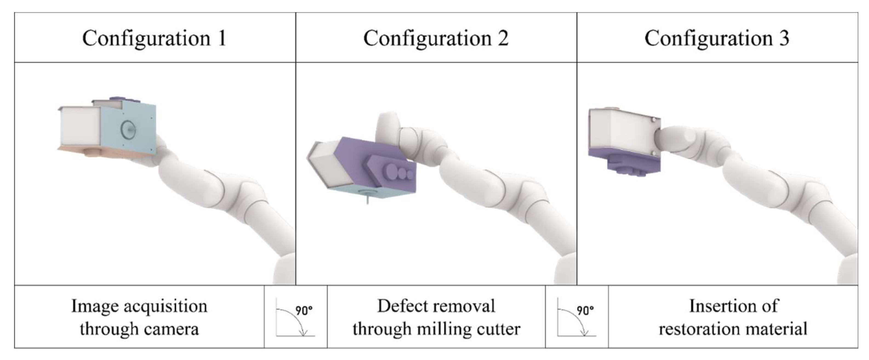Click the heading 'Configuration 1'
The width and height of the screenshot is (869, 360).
click(x=154, y=38)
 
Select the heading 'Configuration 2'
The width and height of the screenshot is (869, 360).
click(x=435, y=38)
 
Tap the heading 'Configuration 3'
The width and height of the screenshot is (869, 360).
click(x=717, y=38)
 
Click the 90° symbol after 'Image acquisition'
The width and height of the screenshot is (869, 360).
click(x=295, y=317)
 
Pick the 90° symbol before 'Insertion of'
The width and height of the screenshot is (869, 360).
click(x=577, y=317)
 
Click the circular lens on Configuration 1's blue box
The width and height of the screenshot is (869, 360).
click(x=127, y=129)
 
